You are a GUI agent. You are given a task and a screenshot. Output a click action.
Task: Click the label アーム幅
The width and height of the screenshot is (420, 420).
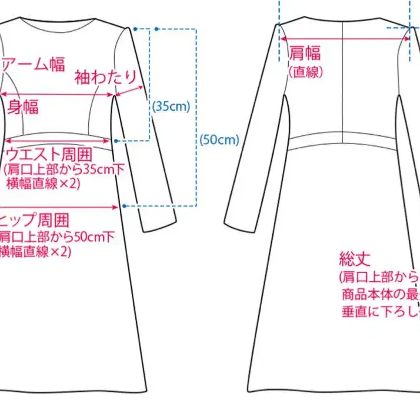tap(34, 64)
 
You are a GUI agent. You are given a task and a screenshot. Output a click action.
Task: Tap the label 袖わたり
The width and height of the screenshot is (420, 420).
tap(105, 76)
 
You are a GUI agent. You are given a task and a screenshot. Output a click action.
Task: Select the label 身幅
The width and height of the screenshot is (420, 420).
tap(23, 106)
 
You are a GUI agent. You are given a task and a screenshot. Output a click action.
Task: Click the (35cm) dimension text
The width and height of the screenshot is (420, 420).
tap(171, 106)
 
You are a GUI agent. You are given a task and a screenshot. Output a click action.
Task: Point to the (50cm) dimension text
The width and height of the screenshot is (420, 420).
tap(219, 140)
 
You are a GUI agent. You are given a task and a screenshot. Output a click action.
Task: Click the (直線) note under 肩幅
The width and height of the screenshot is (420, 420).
tap(304, 71)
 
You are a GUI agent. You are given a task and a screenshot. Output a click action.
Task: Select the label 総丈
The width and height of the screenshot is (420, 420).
tap(353, 258)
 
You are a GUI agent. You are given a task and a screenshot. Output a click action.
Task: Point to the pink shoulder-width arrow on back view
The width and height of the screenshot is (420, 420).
tap(345, 38)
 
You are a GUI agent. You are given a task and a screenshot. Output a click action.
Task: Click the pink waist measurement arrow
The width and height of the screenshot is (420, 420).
tap(59, 141)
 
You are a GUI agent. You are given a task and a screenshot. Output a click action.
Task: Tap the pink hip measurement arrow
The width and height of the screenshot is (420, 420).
tap(59, 207)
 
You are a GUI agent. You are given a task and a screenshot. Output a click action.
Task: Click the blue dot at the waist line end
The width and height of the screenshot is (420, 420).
tap(118, 141)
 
